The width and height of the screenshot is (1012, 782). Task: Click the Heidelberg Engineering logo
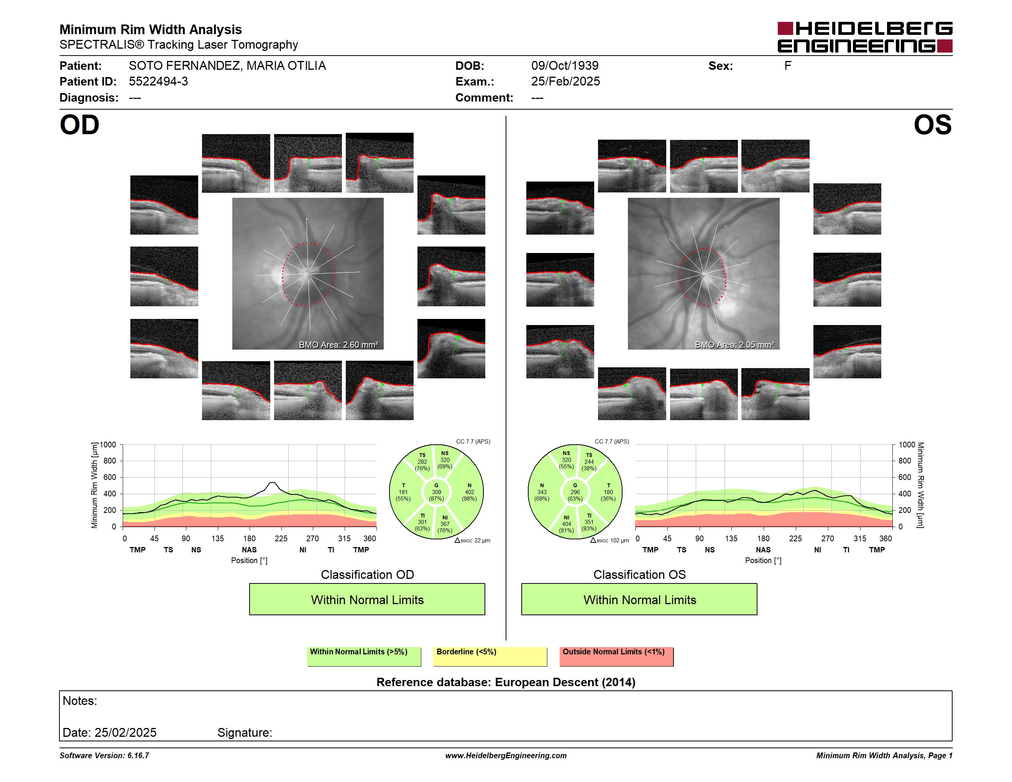pos(865,37)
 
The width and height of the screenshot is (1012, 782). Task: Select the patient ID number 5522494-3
pos(158,82)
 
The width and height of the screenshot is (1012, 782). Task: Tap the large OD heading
pos(79,125)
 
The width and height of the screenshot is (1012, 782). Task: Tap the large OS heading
pos(932,125)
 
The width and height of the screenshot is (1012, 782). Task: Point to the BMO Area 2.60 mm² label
pos(338,345)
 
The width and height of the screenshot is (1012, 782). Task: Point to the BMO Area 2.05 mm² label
pos(734,345)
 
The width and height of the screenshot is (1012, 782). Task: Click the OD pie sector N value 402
pos(470,492)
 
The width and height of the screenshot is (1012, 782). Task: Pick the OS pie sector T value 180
pos(608,492)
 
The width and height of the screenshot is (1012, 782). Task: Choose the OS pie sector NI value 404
pos(566,524)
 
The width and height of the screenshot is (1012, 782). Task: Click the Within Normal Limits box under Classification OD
pos(367,599)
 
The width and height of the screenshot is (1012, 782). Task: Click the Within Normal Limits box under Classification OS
pos(639,599)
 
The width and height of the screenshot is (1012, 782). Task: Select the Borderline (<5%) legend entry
pos(490,656)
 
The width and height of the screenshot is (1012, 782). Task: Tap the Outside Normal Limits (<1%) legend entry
pos(616,656)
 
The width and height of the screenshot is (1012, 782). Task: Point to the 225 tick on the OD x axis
pos(281,538)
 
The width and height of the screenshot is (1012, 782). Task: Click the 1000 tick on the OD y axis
pos(107,445)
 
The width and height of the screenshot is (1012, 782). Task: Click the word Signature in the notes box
pos(244,733)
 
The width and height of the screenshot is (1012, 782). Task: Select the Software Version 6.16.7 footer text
pos(104,756)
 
